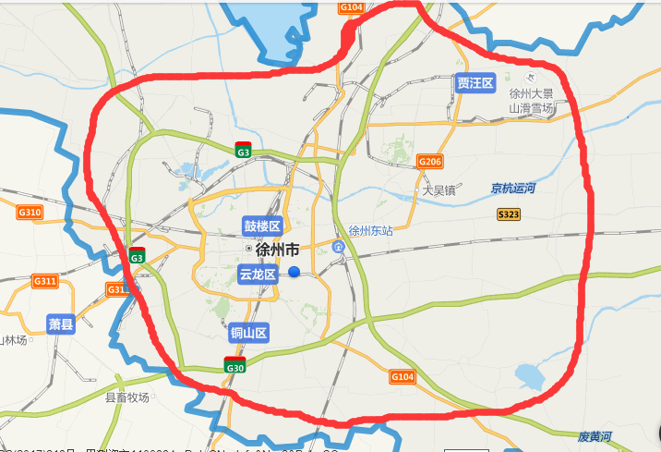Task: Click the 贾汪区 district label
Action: pyautogui.click(x=475, y=83)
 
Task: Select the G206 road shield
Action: pyautogui.click(x=430, y=161)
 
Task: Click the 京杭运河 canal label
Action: pyautogui.click(x=513, y=189)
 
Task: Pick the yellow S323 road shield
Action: pyautogui.click(x=509, y=214)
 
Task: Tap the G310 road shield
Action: pyautogui.click(x=30, y=213)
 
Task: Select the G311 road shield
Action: pyautogui.click(x=44, y=280)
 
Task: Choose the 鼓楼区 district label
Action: pyautogui.click(x=261, y=226)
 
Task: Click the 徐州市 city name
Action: pyautogui.click(x=277, y=250)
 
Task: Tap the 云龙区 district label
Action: pyautogui.click(x=258, y=275)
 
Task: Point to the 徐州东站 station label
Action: pyautogui.click(x=371, y=231)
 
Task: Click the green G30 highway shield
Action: pyautogui.click(x=234, y=366)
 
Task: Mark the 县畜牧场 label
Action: pyautogui.click(x=126, y=397)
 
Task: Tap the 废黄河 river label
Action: pyautogui.click(x=595, y=435)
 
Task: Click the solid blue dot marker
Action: pyautogui.click(x=294, y=272)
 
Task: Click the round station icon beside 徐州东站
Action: pyautogui.click(x=339, y=247)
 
